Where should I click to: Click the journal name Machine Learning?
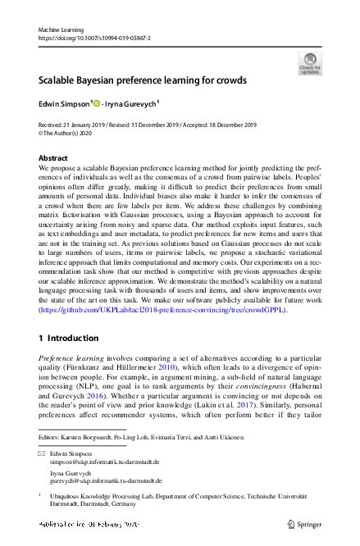point(62,30)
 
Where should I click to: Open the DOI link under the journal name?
point(95,38)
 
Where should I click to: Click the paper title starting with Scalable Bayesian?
point(134,81)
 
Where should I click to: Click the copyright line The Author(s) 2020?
point(73,133)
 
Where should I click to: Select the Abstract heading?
point(53,157)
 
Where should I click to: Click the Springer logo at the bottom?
point(305,522)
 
